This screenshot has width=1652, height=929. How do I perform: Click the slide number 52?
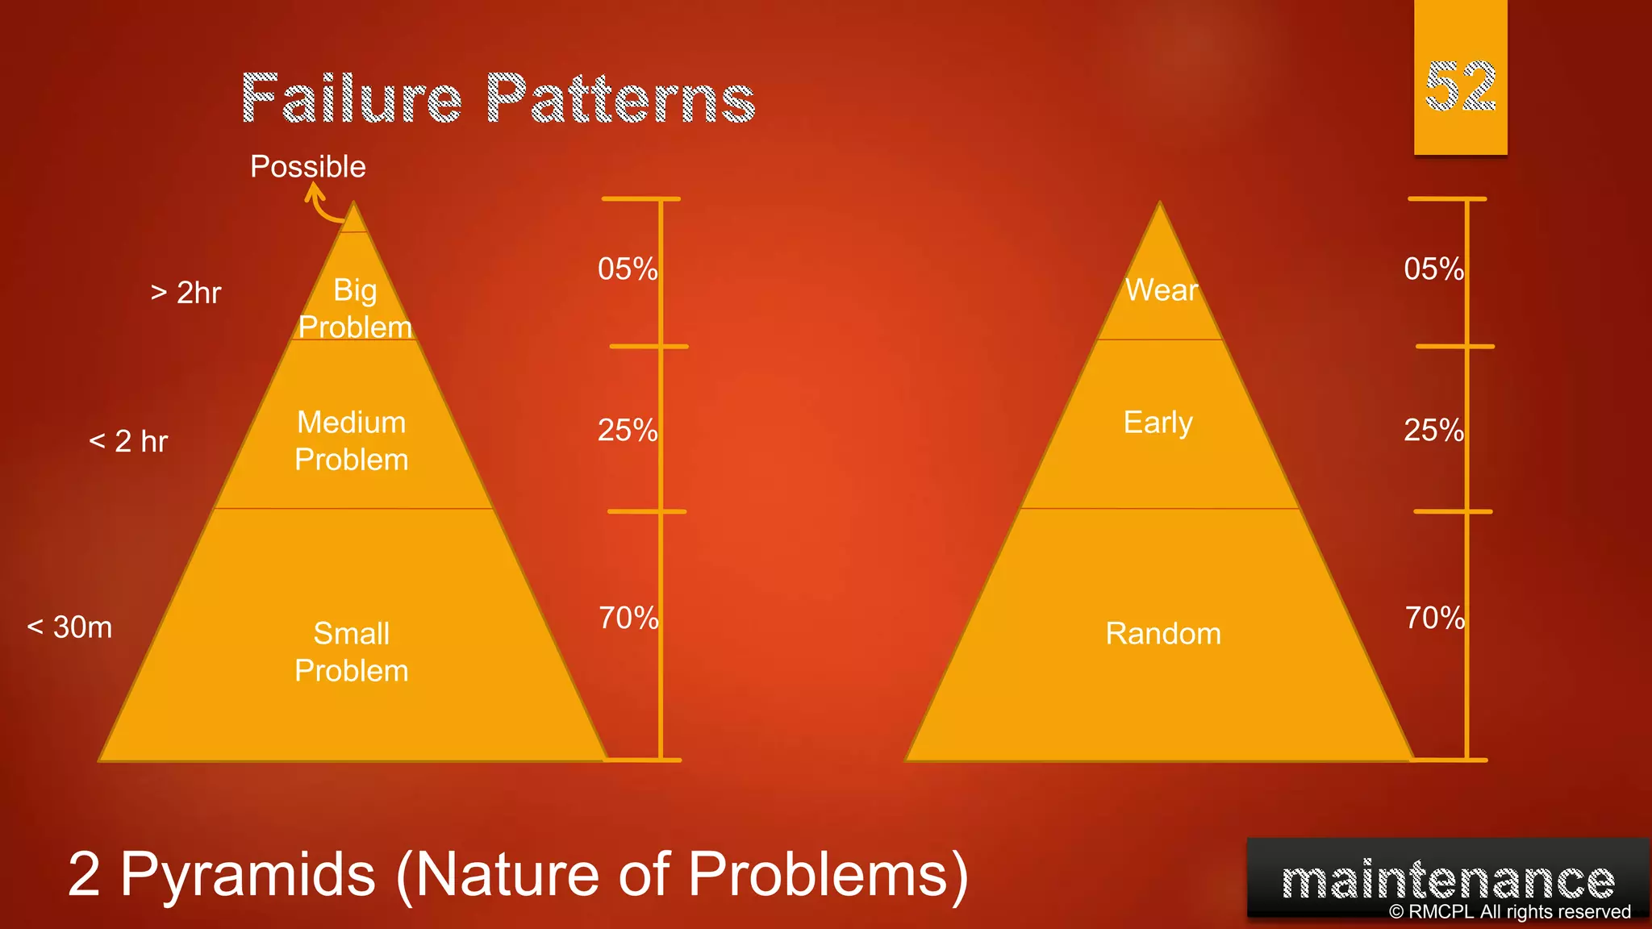tap(1460, 87)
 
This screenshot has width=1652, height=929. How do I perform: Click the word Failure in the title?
tap(352, 99)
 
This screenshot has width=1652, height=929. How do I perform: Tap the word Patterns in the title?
tap(620, 99)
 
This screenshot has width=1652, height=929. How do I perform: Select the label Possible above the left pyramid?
tap(308, 167)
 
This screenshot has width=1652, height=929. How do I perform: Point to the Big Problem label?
tap(355, 309)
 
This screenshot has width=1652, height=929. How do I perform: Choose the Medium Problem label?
tap(352, 441)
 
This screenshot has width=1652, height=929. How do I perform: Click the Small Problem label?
tap(352, 652)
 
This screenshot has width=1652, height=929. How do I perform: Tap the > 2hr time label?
tap(186, 293)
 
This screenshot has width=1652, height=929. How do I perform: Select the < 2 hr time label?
tap(128, 441)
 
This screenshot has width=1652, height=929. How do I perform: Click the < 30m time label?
tap(69, 627)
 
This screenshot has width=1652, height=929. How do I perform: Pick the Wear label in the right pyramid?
tap(1162, 290)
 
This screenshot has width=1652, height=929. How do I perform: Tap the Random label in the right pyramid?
tap(1163, 634)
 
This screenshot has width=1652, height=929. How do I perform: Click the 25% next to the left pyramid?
tap(627, 430)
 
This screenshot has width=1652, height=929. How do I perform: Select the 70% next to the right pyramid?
tap(1434, 619)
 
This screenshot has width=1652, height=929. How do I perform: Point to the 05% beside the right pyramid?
tap(1433, 269)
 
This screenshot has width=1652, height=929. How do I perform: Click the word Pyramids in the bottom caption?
tap(248, 874)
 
